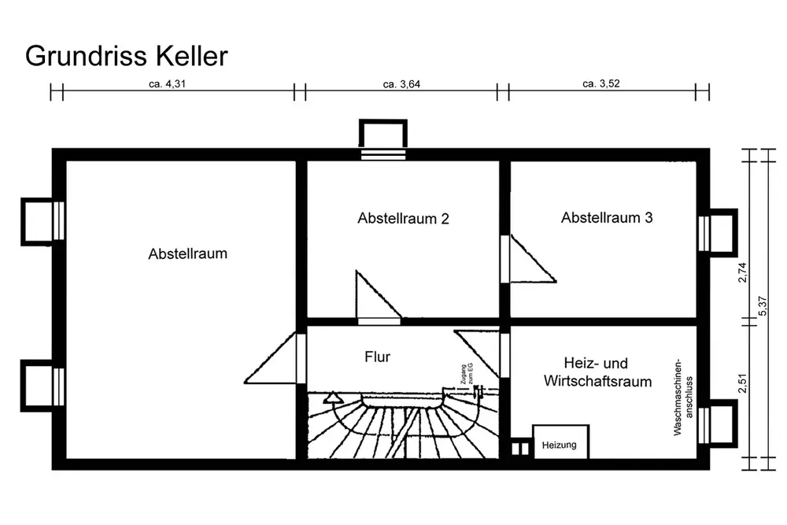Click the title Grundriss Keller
click(127, 56)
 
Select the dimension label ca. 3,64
click(401, 83)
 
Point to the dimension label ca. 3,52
click(602, 83)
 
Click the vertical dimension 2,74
click(741, 277)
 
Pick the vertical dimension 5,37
click(761, 306)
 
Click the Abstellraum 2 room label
click(403, 219)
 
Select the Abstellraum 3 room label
click(607, 218)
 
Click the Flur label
click(377, 357)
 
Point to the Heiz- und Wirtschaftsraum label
click(597, 372)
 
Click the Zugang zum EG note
click(466, 376)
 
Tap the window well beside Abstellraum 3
click(719, 231)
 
